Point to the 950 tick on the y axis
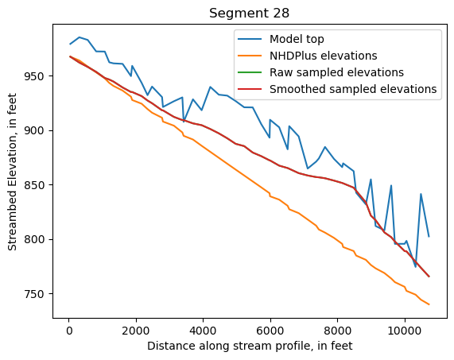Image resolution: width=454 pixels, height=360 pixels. coord(37,76)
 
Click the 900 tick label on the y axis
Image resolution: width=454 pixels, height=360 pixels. coord(37,130)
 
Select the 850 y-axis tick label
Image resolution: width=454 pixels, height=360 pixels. coord(37,185)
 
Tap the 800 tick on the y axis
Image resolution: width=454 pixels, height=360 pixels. coord(37,239)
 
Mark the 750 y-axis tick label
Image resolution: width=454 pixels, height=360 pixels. coord(37,294)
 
